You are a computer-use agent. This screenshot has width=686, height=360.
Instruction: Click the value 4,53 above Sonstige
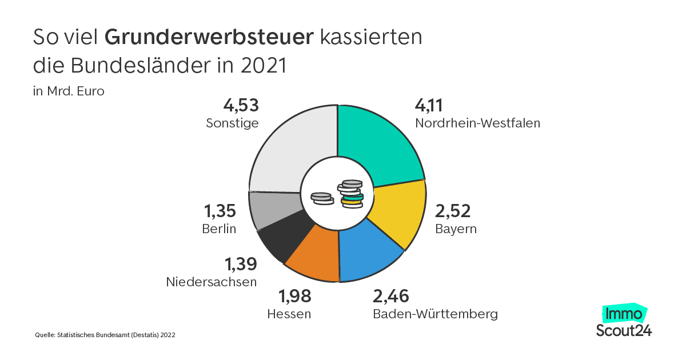coord(241,106)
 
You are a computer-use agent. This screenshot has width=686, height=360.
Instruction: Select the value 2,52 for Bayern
coord(453,211)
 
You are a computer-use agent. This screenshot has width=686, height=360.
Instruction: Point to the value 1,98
coord(294,296)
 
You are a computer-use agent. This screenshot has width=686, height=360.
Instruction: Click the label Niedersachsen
coord(211,282)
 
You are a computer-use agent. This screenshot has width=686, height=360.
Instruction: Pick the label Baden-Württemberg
coord(435,314)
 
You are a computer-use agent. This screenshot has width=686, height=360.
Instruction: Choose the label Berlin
coord(219,229)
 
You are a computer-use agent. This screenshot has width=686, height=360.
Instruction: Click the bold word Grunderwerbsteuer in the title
coord(210,37)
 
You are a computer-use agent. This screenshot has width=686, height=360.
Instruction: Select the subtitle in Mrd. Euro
coord(69,91)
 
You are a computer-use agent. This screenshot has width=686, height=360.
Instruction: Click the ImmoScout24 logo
coord(624,321)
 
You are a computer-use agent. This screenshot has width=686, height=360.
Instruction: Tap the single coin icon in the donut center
coord(321,198)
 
